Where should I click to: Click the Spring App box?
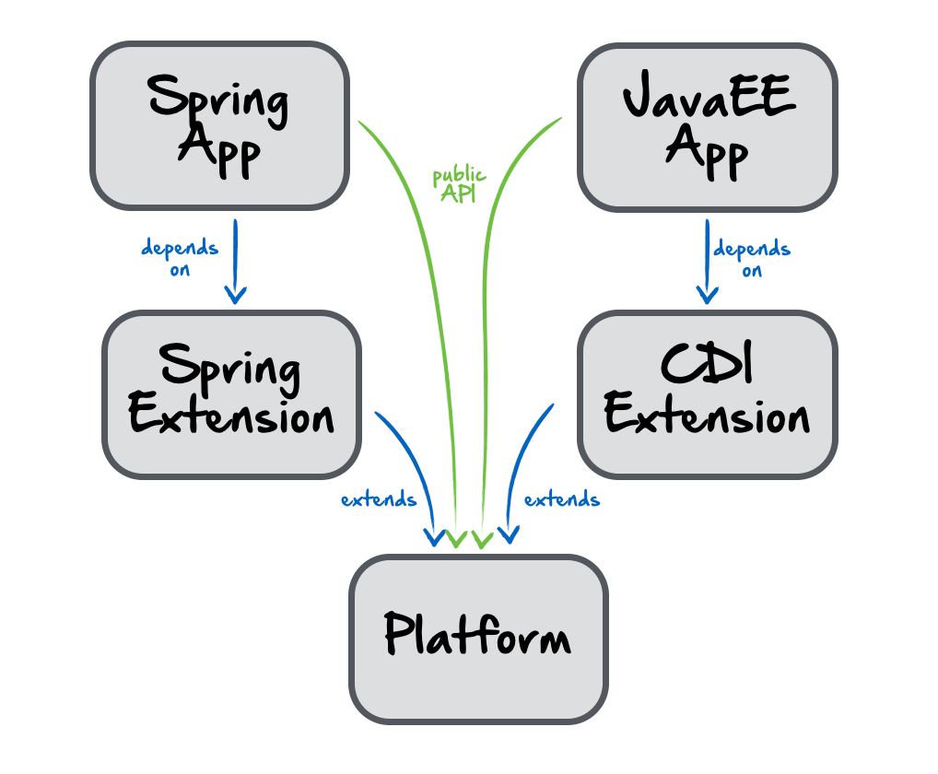coord(219,124)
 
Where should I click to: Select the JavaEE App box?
coord(707,126)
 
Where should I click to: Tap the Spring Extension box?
coord(231,393)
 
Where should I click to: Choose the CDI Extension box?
coord(707,393)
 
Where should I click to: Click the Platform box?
coord(477,638)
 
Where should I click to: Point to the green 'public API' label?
coord(459,184)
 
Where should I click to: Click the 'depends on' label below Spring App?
coord(180,258)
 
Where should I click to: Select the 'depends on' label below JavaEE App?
coord(752,259)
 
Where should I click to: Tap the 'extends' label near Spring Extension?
coord(379,500)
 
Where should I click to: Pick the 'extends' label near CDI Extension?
coord(562,500)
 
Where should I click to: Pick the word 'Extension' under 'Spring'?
coord(231,416)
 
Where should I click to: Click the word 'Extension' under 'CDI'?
coord(707,416)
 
